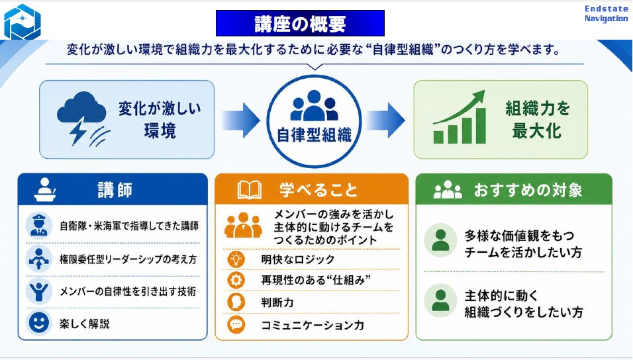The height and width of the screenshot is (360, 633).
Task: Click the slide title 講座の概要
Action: point(300,24)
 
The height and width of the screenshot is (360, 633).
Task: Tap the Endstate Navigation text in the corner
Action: point(606,13)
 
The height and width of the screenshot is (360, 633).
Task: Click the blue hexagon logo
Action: point(23,22)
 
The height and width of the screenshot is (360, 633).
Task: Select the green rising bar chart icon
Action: point(460,117)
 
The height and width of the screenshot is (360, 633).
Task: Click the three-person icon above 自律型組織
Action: point(314,105)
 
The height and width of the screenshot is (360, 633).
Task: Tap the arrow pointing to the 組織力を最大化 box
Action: point(385,120)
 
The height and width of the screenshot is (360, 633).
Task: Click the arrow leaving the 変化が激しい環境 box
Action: point(240,120)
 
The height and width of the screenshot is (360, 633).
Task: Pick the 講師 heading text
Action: point(115,190)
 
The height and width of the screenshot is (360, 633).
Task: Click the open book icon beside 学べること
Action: point(249,190)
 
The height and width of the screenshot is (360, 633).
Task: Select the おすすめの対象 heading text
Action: point(528,190)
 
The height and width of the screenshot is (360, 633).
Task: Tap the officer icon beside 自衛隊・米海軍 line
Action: point(39,226)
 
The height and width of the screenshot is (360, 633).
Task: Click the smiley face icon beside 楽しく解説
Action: point(39,323)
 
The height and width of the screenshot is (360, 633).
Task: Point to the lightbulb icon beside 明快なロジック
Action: point(236,259)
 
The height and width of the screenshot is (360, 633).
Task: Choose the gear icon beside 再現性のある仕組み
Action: point(236,280)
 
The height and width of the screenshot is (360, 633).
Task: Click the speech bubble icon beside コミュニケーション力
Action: point(236,324)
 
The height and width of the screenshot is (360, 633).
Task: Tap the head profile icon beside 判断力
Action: point(236,302)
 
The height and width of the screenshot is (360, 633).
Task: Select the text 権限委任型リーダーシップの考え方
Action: point(128,259)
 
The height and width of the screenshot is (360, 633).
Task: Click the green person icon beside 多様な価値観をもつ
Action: point(440,240)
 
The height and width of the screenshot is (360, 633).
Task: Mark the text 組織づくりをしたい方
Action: point(524,312)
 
